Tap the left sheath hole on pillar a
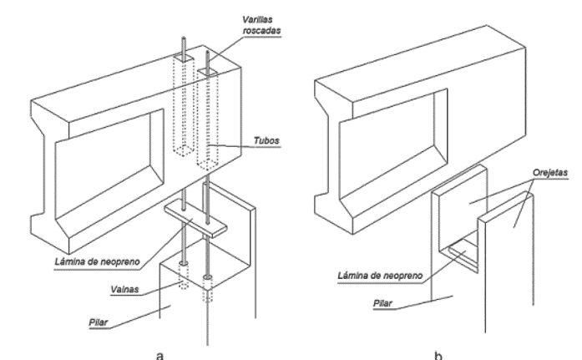pos(184,270)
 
